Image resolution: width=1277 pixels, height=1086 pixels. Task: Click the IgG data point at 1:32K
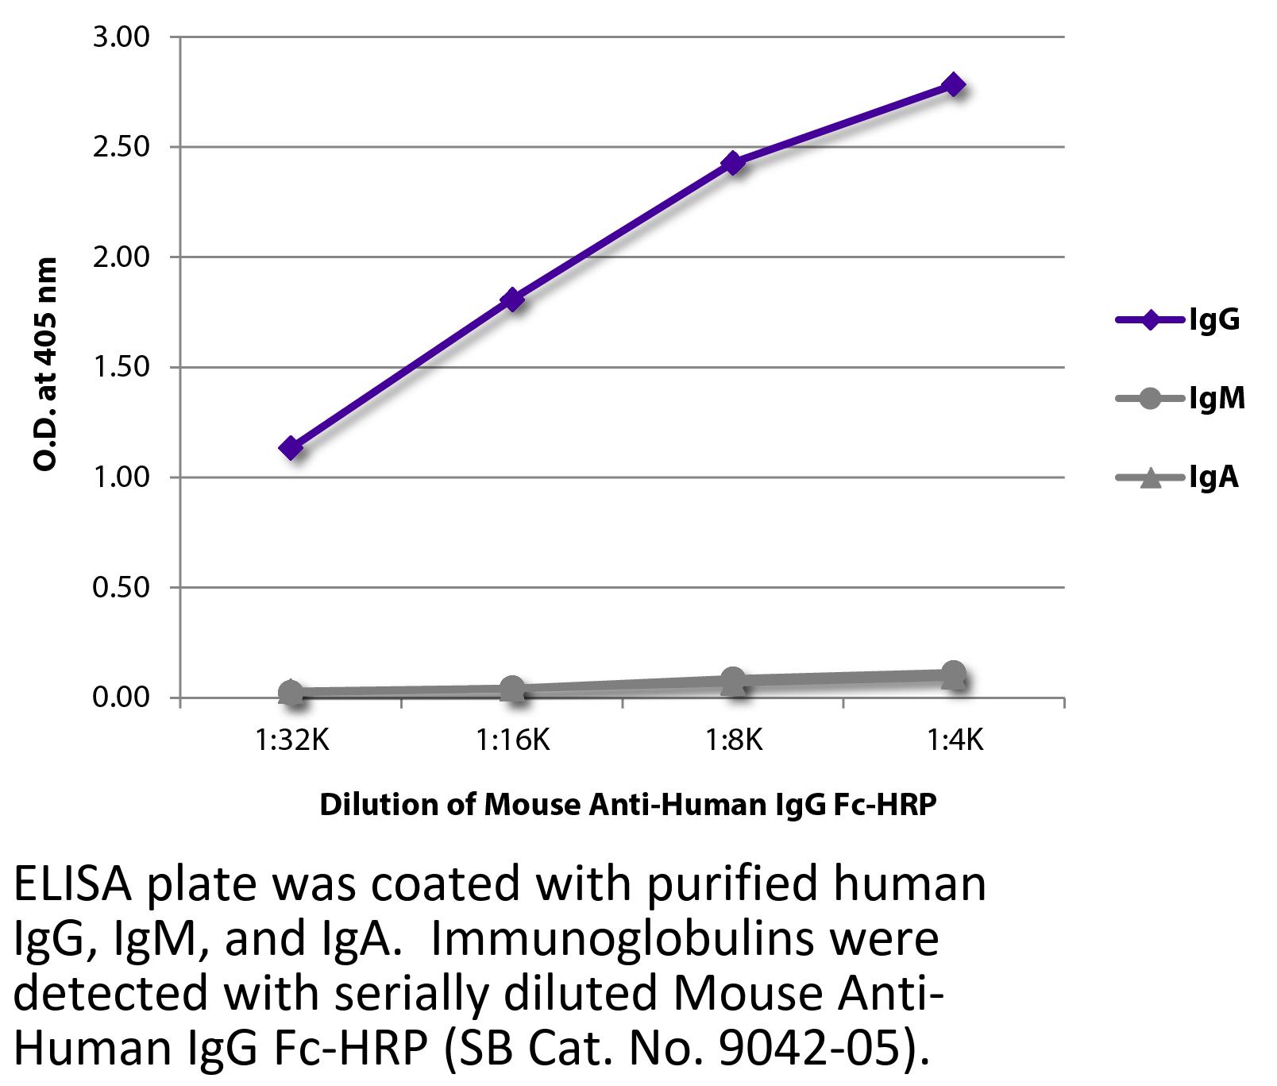pos(291,448)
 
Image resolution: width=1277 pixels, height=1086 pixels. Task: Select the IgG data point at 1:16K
pos(512,300)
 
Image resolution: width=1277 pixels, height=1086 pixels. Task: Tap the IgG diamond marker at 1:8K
pos(733,163)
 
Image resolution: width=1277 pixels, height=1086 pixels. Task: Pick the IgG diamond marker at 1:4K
pos(954,85)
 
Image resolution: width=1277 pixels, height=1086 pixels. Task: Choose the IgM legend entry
pos(1180,397)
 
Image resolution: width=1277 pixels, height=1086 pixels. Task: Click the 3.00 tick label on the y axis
pos(121,37)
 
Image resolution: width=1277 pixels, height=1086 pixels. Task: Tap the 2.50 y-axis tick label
pos(121,147)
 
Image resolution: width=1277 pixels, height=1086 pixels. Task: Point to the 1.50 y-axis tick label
pos(121,367)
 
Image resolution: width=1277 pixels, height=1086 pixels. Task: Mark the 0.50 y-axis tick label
pos(121,587)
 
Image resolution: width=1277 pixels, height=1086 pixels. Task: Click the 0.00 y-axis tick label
pos(121,698)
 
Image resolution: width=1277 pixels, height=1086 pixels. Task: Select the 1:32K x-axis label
pos(291,740)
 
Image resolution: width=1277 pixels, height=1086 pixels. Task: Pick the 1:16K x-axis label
pos(512,740)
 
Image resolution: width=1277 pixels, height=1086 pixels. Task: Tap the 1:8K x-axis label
pos(733,740)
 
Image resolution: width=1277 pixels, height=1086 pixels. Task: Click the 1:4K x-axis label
pos(954,740)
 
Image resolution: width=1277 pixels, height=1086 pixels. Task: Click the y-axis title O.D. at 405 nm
pos(46,364)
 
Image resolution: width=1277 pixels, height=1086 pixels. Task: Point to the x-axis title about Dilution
pos(627,805)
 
